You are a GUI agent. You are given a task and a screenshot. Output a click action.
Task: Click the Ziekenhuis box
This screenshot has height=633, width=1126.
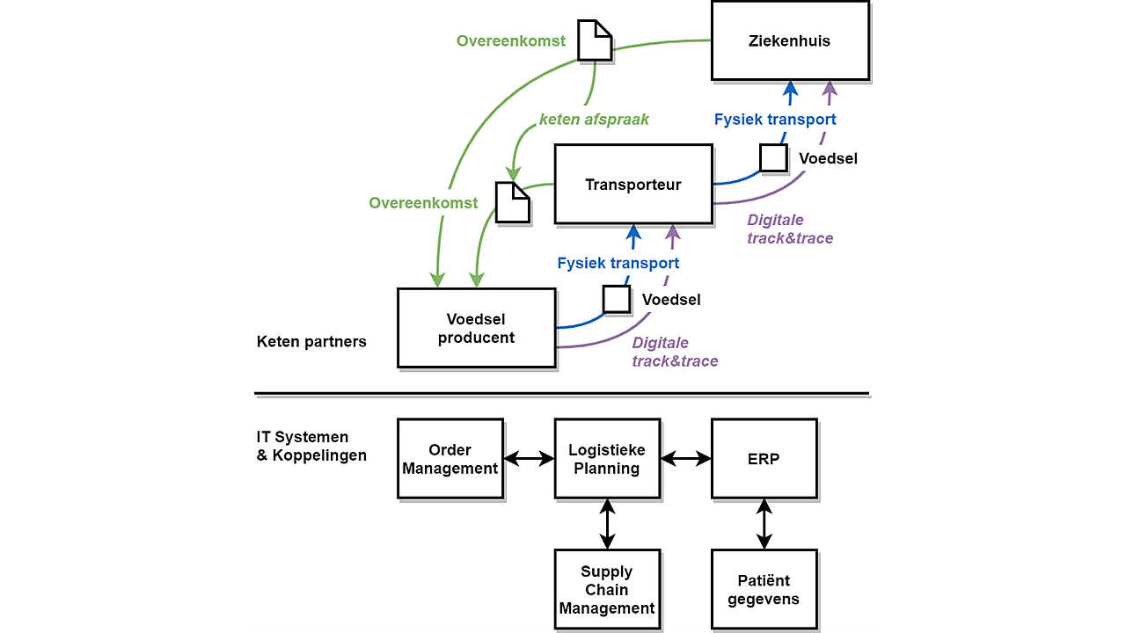click(x=790, y=40)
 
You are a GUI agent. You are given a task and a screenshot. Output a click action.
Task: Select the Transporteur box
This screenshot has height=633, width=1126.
click(x=633, y=184)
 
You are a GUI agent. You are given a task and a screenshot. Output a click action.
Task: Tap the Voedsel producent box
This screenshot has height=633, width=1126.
click(x=477, y=328)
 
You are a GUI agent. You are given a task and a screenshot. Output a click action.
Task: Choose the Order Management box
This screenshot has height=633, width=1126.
click(x=450, y=459)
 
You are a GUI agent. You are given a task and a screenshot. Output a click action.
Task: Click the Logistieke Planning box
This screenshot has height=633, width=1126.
click(x=607, y=459)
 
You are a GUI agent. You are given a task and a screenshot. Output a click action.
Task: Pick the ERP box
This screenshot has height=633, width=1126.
click(x=764, y=459)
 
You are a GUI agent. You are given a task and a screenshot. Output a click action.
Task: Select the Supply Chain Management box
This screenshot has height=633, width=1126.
click(x=607, y=589)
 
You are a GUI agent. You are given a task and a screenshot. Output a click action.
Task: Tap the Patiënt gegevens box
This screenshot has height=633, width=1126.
click(x=764, y=589)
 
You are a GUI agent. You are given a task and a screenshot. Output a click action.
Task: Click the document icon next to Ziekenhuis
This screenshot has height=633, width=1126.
click(x=595, y=40)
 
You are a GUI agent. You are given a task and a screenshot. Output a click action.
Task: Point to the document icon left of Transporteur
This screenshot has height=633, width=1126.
click(x=513, y=202)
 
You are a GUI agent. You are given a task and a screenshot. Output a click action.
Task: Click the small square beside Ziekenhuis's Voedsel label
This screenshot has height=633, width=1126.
click(x=773, y=157)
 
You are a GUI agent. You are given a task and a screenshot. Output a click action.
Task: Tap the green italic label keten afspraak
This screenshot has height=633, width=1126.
click(x=594, y=119)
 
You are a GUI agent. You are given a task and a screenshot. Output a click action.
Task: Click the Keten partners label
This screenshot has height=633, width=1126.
click(x=311, y=342)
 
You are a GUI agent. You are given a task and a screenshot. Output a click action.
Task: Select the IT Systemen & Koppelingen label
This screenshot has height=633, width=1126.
click(x=311, y=446)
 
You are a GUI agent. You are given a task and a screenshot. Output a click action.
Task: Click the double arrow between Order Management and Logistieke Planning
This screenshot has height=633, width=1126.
click(x=529, y=458)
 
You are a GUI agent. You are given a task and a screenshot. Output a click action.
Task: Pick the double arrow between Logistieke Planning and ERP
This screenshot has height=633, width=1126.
click(x=685, y=458)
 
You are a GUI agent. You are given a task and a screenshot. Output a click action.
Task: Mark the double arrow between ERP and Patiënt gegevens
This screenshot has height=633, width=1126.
click(x=764, y=524)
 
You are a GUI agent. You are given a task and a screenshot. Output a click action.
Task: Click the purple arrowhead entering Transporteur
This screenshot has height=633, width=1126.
click(x=673, y=232)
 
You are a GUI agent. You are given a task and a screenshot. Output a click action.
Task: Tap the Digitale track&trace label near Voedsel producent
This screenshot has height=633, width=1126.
click(x=675, y=352)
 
